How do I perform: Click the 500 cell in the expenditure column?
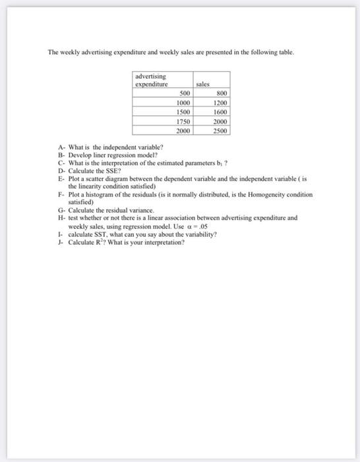coord(185,94)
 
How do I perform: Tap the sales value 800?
coord(221,94)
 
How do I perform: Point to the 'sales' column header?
coord(202,84)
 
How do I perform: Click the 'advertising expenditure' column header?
coord(152,81)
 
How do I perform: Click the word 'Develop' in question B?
coord(79,154)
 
